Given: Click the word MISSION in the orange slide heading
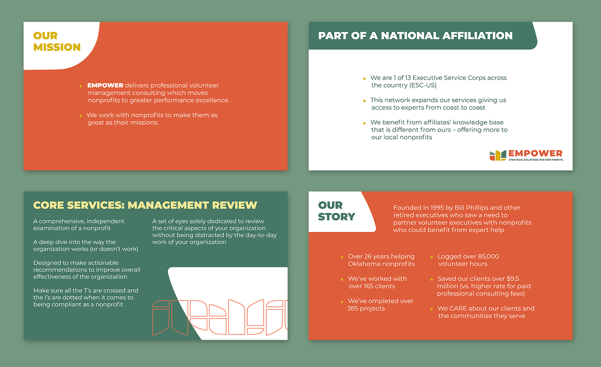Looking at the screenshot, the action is (57, 47).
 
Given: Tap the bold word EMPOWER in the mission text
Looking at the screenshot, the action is (105, 85).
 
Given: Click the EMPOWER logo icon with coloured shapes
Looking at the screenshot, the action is (498, 155).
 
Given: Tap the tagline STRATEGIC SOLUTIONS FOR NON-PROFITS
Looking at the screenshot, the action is (535, 160).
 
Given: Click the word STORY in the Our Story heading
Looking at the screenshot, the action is (337, 216).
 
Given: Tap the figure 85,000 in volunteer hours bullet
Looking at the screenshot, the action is (486, 257).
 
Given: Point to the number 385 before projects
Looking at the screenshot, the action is (354, 309).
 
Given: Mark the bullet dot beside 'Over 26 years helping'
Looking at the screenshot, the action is (342, 257).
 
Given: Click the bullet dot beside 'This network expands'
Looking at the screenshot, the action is (364, 101).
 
